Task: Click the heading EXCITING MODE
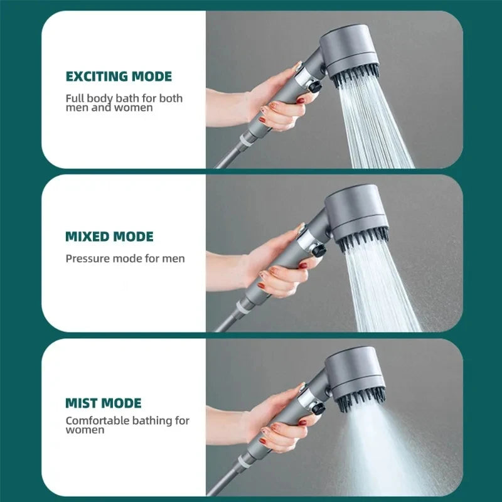[119, 77]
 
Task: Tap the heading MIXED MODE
[109, 237]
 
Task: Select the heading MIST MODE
[104, 403]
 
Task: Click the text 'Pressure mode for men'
[125, 259]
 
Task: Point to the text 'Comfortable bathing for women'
[127, 425]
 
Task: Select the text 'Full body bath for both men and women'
[124, 102]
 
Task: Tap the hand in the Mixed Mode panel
[276, 267]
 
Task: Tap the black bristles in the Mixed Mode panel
[363, 238]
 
